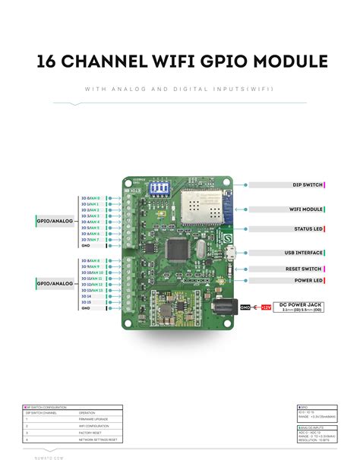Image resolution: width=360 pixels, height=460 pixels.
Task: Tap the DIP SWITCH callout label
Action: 308,184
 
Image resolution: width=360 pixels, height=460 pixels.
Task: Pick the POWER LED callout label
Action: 308,280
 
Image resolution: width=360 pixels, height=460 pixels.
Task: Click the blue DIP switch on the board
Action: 161,187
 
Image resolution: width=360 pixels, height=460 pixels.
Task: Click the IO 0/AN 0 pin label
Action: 90,198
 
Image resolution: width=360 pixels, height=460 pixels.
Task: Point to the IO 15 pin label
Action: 87,302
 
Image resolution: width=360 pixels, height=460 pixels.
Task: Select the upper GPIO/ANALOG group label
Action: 55,222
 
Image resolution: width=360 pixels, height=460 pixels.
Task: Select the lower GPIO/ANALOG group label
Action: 55,284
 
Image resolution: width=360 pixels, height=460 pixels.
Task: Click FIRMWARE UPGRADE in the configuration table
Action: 93,418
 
